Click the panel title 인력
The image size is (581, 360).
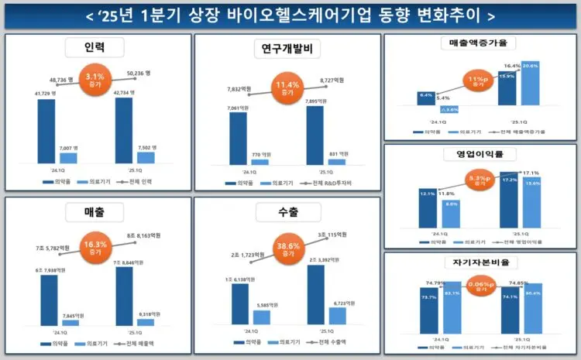pyautogui.click(x=95, y=48)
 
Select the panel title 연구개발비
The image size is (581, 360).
pyautogui.click(x=287, y=50)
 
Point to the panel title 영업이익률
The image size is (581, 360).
pyautogui.click(x=482, y=153)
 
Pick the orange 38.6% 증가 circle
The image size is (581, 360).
pyautogui.click(x=287, y=250)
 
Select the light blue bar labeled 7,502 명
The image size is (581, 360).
pyautogui.click(x=146, y=157)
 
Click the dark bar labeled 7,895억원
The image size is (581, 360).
pyautogui.click(x=315, y=135)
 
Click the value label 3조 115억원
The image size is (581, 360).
pyautogui.click(x=333, y=235)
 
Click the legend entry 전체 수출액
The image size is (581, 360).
pyautogui.click(x=330, y=341)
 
